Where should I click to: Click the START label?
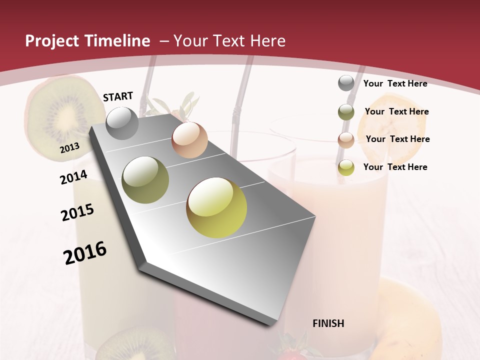coord(118,96)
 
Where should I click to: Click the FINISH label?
coord(328,323)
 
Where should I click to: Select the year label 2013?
coord(69,148)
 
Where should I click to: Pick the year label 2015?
coord(77,212)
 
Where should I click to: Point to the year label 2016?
coord(85,253)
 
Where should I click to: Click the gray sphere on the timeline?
coord(122,123)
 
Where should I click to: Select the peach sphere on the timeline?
coord(189,140)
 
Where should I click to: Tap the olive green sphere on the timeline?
coord(145,180)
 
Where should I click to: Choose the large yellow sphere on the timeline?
coord(216,207)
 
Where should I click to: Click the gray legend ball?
coord(346,83)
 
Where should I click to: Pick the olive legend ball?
coord(346,112)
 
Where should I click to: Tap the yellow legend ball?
coord(346,168)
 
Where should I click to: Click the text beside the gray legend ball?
coord(395,83)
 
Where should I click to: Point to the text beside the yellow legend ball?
coord(395,167)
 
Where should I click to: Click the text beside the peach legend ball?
coord(397,139)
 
